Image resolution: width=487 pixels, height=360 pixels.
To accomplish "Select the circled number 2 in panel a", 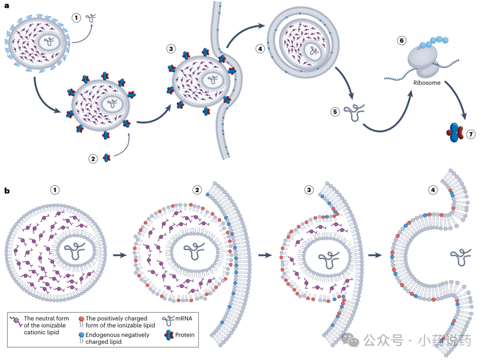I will point(93,158).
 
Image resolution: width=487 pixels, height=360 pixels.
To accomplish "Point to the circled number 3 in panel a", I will point(171,49).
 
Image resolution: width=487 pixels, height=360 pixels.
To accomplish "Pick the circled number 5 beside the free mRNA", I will point(335,112).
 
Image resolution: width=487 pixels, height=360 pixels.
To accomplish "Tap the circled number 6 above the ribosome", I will point(401,40).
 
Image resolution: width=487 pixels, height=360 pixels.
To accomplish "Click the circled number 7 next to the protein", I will point(471,133).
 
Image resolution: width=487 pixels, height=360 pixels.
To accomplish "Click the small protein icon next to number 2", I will point(107,157).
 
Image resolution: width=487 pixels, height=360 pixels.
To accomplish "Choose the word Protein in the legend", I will point(185,335).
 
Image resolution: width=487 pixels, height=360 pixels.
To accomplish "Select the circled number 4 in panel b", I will point(433,189).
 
